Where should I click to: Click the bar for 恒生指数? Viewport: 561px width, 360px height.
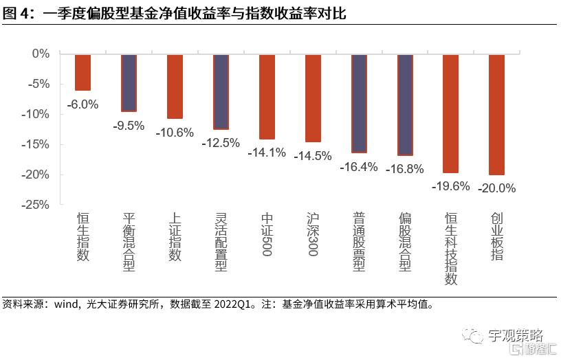[x=82, y=72]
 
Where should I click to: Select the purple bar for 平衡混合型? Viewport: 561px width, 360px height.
[x=129, y=82]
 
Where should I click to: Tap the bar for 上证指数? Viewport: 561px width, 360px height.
[x=175, y=87]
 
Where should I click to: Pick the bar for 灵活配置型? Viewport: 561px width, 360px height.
[x=221, y=91]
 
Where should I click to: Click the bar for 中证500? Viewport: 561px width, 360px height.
[x=267, y=97]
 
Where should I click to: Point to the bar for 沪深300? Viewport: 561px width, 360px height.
[x=313, y=98]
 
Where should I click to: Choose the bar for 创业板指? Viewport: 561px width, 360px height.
[x=497, y=115]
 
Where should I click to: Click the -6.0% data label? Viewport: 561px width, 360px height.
[x=82, y=105]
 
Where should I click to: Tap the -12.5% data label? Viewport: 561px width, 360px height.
[x=221, y=143]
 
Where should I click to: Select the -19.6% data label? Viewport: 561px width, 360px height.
[x=451, y=186]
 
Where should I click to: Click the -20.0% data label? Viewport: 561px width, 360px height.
[x=497, y=188]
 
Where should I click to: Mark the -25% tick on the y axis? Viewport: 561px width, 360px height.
[x=37, y=205]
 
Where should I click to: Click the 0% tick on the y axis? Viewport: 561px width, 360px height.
[x=41, y=54]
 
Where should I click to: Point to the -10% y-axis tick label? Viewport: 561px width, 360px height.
[x=37, y=114]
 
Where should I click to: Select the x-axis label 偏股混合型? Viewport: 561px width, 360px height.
[x=405, y=243]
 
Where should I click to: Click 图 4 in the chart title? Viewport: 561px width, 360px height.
[x=15, y=13]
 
